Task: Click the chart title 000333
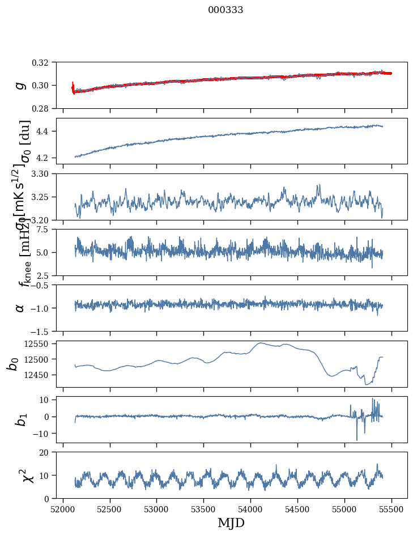(x=225, y=10)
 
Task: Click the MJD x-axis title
(x=231, y=523)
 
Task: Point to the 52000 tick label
(x=63, y=508)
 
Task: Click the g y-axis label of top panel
(x=20, y=85)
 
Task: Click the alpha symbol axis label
(x=20, y=308)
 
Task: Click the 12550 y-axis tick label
(x=38, y=344)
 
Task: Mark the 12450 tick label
(x=38, y=375)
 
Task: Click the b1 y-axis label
(x=20, y=419)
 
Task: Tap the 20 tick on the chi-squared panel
(x=47, y=453)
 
